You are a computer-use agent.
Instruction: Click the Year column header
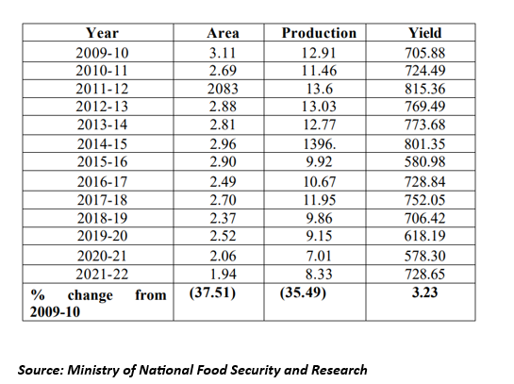(102, 33)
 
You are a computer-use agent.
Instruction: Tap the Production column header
(319, 33)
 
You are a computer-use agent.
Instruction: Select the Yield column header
(424, 33)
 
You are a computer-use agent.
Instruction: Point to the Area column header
(223, 33)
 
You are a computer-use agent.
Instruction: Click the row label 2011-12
(102, 89)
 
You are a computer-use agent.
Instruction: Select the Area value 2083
(223, 89)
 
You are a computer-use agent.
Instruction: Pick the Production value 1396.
(320, 144)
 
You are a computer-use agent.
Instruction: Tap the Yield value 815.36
(424, 89)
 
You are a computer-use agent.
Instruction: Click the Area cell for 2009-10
(223, 53)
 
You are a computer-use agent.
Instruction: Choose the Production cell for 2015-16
(319, 161)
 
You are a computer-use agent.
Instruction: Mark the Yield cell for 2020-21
(424, 256)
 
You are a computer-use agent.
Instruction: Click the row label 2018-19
(102, 218)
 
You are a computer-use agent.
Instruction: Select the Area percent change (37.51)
(212, 292)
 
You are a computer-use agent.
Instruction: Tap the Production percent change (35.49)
(303, 292)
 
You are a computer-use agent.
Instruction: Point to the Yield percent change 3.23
(424, 292)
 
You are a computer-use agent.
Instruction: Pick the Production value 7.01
(319, 256)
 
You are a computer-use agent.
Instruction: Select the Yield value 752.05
(424, 200)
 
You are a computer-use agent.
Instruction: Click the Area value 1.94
(223, 275)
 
